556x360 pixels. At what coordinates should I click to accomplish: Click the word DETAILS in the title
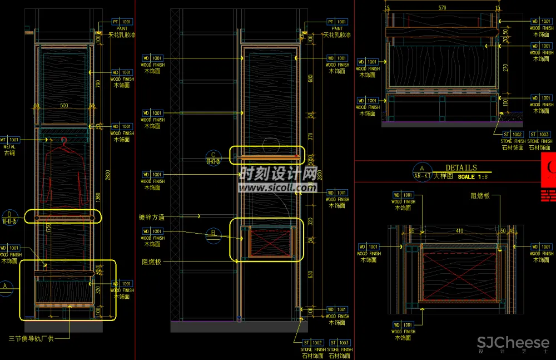coord(461,167)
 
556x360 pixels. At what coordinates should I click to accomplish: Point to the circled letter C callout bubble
coord(212,156)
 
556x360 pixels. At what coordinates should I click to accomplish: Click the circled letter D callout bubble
coord(9,215)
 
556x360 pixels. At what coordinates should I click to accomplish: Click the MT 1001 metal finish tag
coord(10,140)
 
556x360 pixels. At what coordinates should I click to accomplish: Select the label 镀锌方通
coord(151,217)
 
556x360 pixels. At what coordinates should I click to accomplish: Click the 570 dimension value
coord(442,8)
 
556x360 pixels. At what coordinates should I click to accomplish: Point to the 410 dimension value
coord(459,230)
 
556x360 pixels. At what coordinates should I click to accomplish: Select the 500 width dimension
coord(64,106)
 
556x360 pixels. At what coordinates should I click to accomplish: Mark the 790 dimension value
coord(98,83)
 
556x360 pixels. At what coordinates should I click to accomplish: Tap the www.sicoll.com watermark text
coord(278,188)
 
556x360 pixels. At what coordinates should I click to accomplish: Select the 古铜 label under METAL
coord(9,153)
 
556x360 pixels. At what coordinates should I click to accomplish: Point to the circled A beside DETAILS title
coord(421,169)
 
